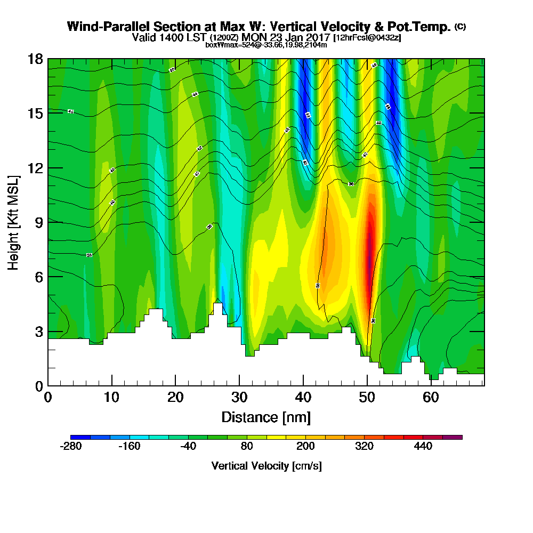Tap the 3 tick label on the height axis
(x=38, y=332)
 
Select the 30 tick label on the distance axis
(x=239, y=398)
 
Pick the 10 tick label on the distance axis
(x=111, y=398)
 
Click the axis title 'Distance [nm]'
(x=266, y=417)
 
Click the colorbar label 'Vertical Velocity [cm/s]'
(x=266, y=466)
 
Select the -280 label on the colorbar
(x=71, y=447)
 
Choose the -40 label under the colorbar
(x=188, y=447)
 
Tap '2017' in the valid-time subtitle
(x=317, y=37)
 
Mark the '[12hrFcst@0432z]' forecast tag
(x=367, y=38)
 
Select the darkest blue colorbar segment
(x=80, y=437)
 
